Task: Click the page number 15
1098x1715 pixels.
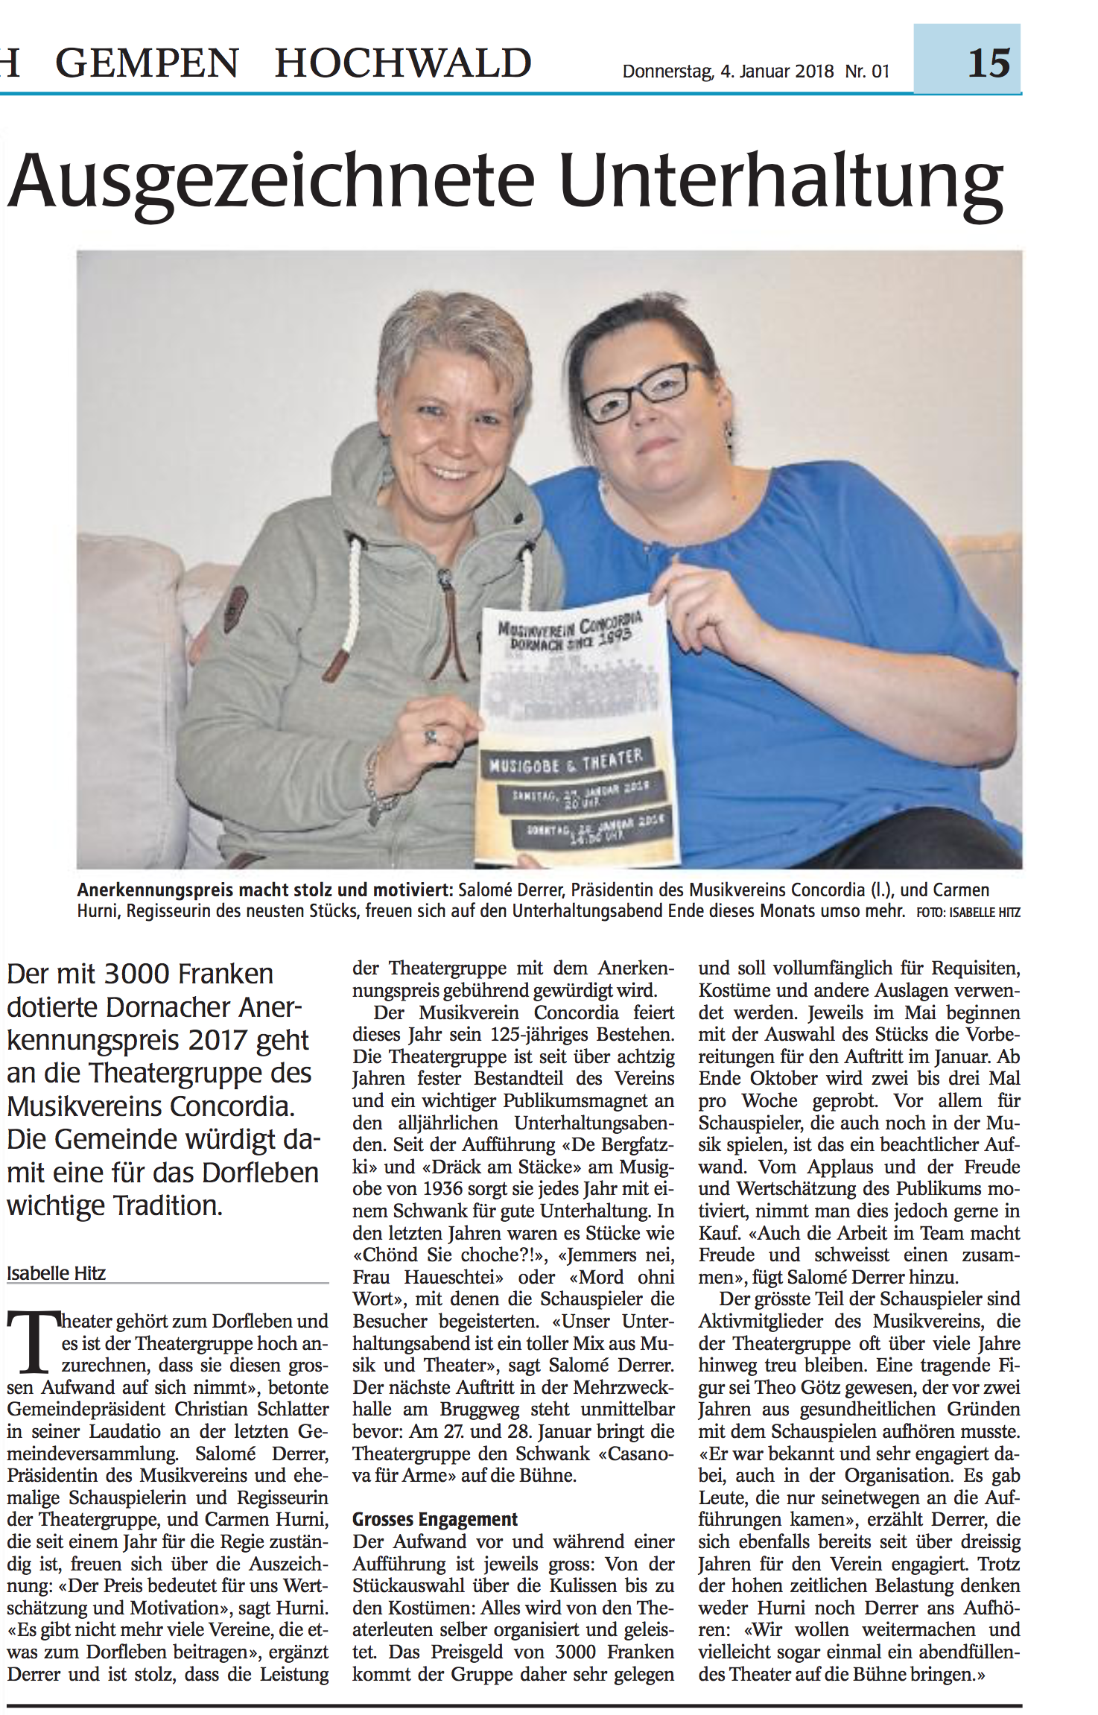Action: [x=988, y=63]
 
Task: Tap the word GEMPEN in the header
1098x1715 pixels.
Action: [x=147, y=63]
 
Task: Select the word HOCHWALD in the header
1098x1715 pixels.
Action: [x=403, y=63]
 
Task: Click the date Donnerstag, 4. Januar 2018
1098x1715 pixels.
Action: [x=728, y=72]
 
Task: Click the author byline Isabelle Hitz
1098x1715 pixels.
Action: [x=57, y=1273]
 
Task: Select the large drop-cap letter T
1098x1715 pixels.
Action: [x=32, y=1342]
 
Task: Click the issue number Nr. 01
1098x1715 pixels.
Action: [x=867, y=72]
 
